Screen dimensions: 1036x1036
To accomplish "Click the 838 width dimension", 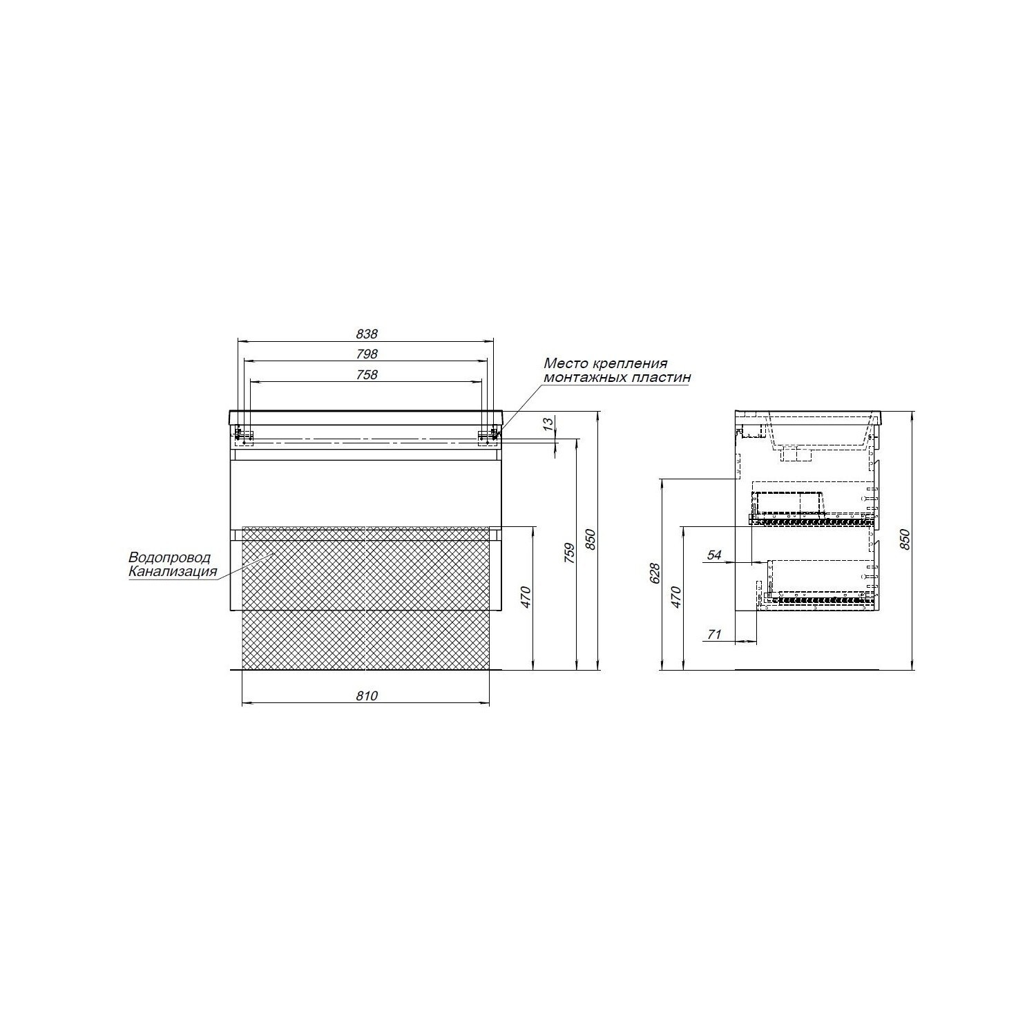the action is point(367,334).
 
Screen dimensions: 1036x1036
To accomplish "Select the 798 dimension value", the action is point(367,354).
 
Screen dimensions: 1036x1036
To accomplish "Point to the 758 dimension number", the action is point(367,374).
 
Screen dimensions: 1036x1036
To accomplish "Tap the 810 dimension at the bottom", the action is point(367,696).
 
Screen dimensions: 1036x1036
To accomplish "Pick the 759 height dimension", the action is point(569,553).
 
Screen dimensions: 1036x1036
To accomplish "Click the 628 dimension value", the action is point(655,573).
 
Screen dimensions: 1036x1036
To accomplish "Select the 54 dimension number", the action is point(714,555).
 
